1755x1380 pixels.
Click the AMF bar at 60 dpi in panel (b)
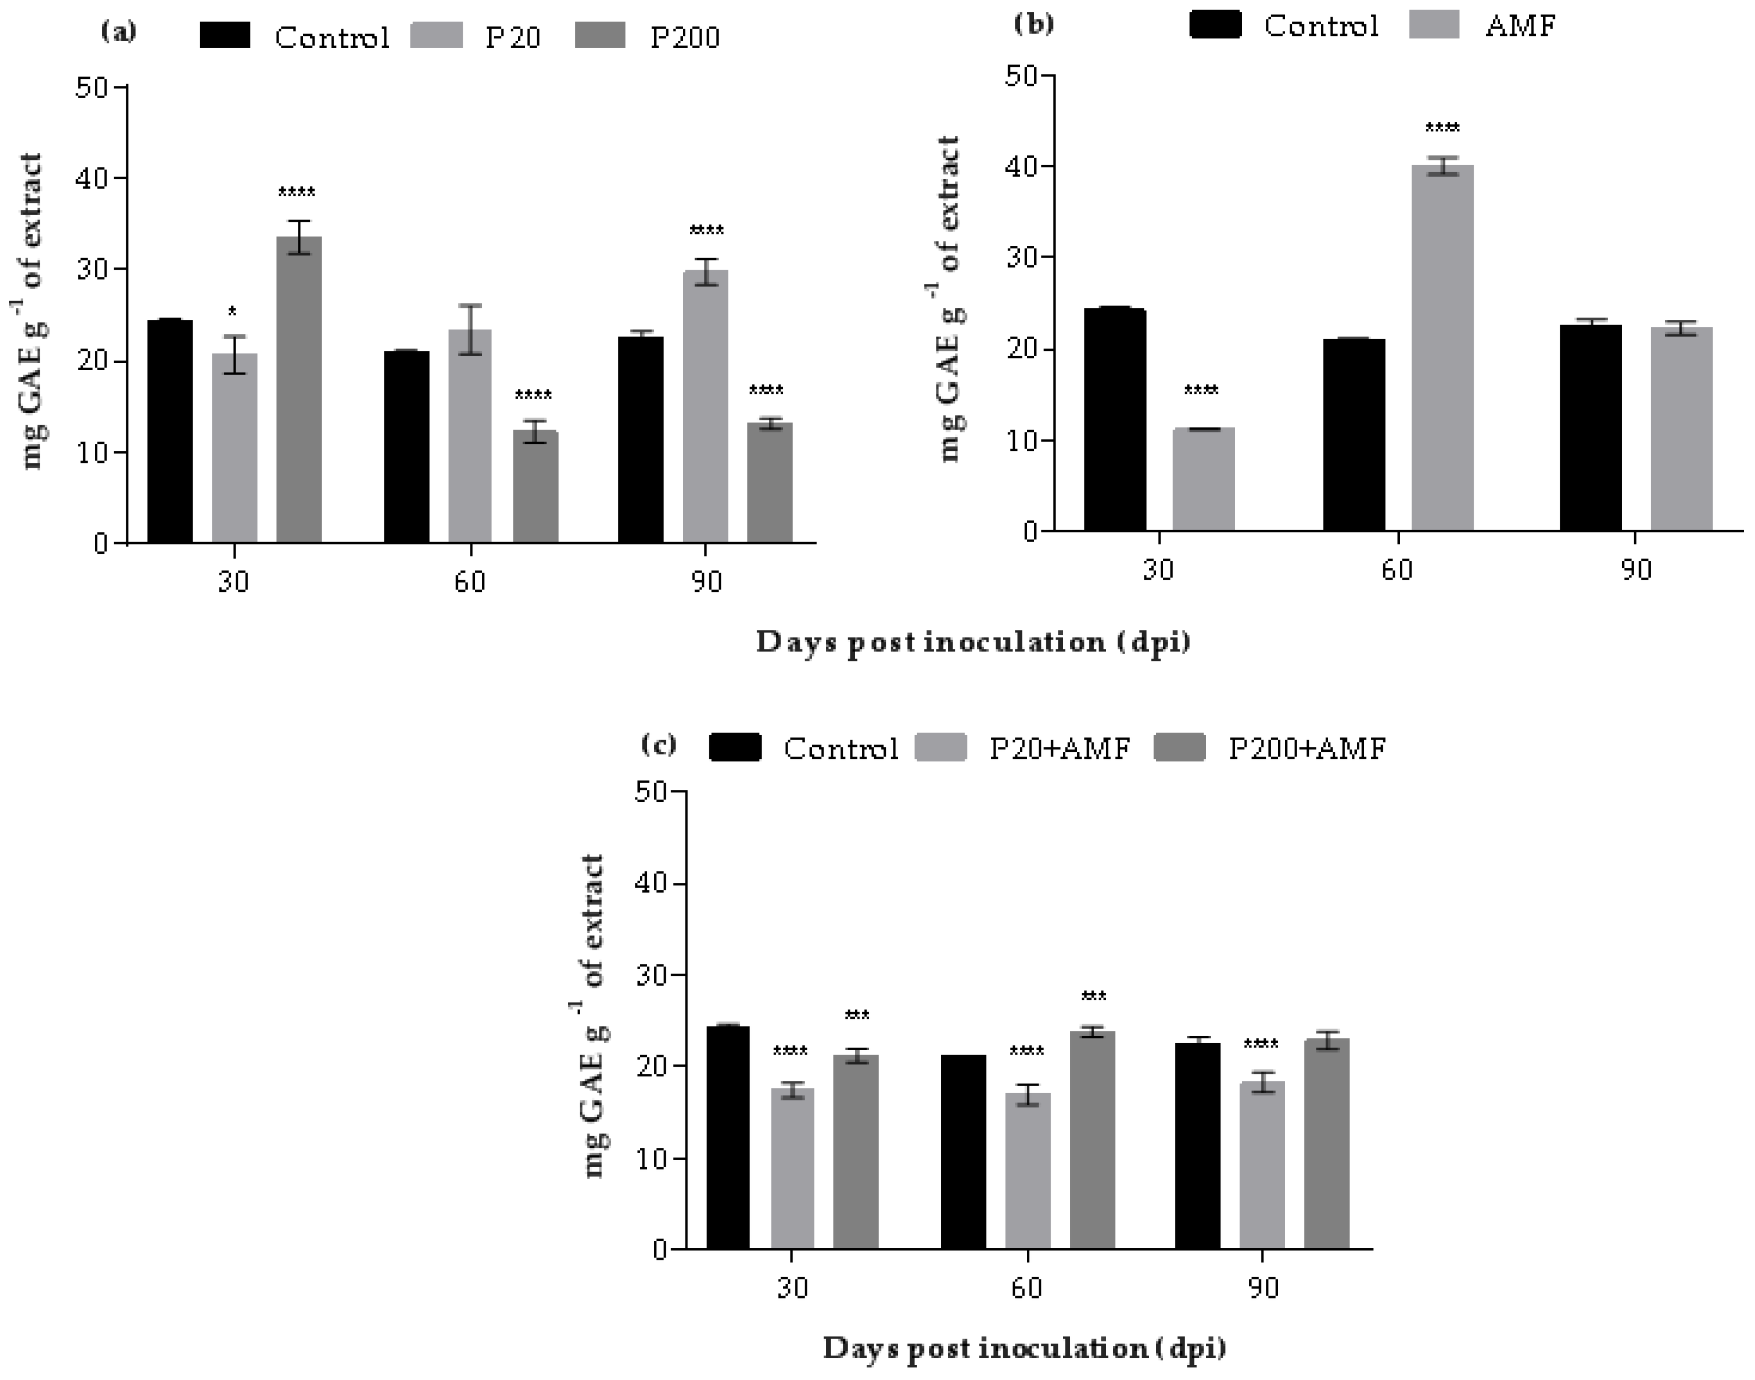point(1442,347)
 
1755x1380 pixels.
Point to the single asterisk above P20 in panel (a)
point(233,312)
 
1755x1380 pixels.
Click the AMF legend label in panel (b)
point(1520,26)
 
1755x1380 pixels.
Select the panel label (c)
point(659,744)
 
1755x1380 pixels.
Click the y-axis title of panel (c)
point(594,1017)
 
